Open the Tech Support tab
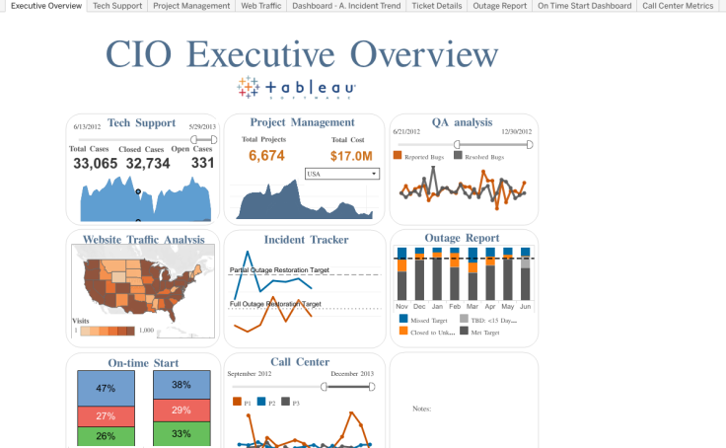[x=116, y=6]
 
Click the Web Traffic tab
[x=261, y=6]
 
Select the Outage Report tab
[x=499, y=6]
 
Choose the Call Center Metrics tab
[x=678, y=6]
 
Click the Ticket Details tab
[x=436, y=6]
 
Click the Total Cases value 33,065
[x=95, y=164]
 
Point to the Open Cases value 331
[x=202, y=164]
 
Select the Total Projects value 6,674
[x=266, y=156]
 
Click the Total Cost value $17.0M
[x=351, y=156]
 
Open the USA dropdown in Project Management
[x=342, y=174]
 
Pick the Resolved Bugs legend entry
[x=482, y=156]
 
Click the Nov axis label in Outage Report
[x=401, y=307]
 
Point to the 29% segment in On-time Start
[x=181, y=411]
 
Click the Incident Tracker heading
[x=306, y=240]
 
